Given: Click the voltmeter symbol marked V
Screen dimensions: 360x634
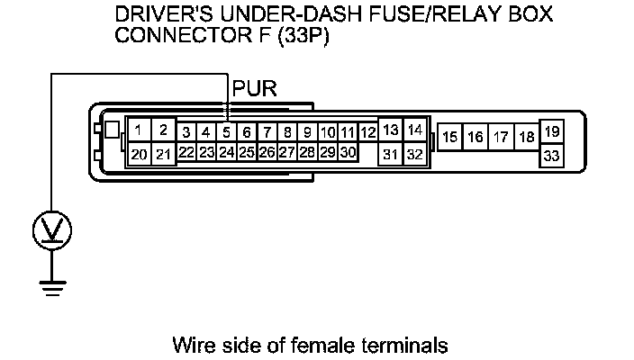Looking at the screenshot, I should tap(52, 231).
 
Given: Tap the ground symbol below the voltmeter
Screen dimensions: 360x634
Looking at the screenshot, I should tap(52, 285).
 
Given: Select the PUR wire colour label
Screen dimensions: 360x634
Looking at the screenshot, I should tap(255, 90).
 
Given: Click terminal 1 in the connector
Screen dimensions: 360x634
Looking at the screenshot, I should tap(138, 130).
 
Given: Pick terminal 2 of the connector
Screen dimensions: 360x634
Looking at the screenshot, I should tap(163, 130).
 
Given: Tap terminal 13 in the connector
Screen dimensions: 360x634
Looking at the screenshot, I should tap(390, 130).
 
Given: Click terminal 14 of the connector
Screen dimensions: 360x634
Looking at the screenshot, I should tap(414, 130).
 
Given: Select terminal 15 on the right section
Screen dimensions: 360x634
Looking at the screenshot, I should tap(450, 138).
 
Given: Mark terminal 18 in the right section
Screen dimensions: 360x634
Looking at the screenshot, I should tap(527, 138).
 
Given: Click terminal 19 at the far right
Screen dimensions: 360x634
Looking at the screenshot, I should tap(552, 131).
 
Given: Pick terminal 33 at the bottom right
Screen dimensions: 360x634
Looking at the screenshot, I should tap(552, 157).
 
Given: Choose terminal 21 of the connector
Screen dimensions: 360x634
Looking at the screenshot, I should tap(163, 154).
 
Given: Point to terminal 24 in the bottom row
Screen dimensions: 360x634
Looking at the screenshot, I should tap(227, 152).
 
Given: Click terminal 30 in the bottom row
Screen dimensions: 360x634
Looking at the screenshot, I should tap(348, 152).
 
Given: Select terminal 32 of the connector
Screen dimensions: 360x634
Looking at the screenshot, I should tap(414, 154).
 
